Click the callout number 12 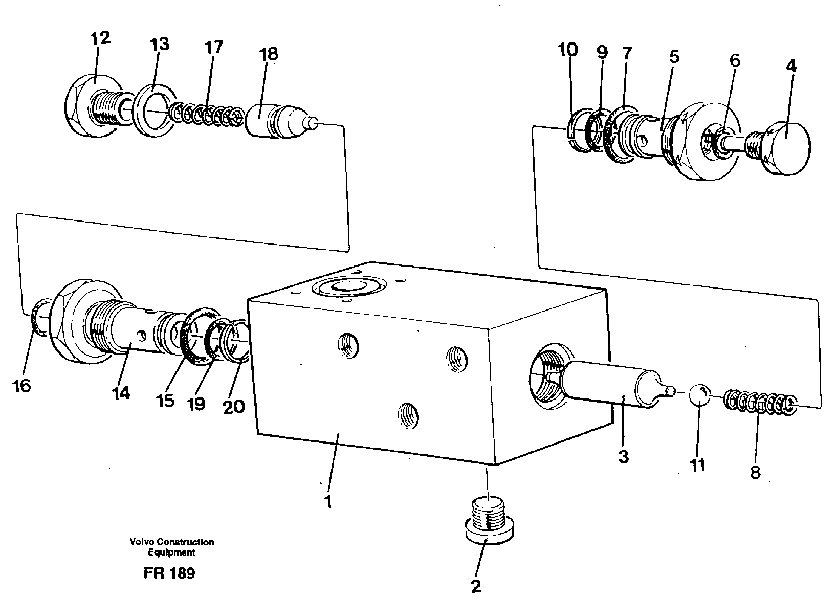[100, 38]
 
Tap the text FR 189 [169, 573]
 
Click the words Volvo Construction [171, 542]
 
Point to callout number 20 [233, 407]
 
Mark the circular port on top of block [349, 288]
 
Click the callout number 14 [122, 393]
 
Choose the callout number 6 [734, 60]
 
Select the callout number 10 [568, 50]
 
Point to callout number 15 [165, 401]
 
